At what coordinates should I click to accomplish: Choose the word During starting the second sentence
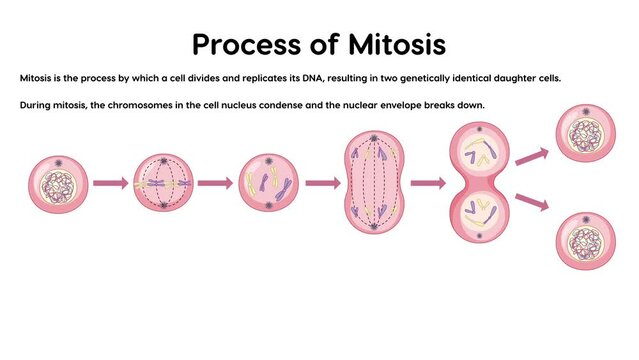click(38, 105)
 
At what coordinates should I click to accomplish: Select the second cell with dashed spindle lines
click(161, 183)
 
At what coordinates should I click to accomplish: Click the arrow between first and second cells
click(109, 183)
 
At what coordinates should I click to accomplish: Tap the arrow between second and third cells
click(214, 183)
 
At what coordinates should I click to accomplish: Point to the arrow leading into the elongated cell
click(321, 183)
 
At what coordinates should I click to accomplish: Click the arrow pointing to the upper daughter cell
click(532, 156)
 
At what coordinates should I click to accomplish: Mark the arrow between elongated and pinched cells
click(427, 183)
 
